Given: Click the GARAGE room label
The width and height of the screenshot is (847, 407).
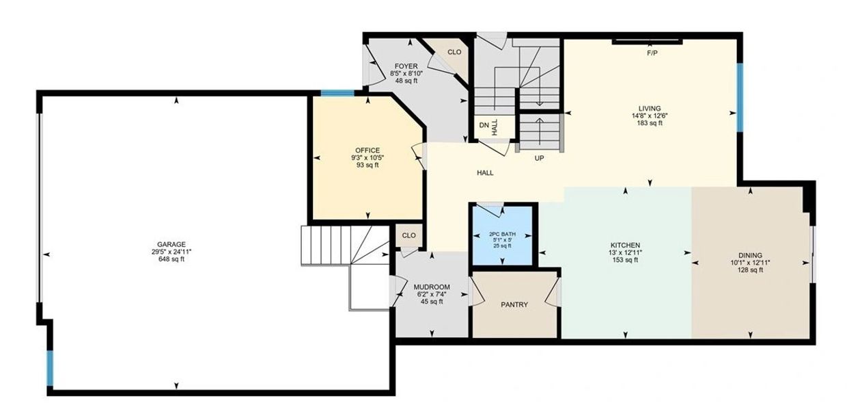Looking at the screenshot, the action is [x=171, y=245].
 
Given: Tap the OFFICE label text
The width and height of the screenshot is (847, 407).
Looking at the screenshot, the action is [x=367, y=150].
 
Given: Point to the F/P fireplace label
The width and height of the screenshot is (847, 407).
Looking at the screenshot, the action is [x=652, y=53].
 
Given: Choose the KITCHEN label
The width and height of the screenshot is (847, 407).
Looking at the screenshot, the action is [x=625, y=246].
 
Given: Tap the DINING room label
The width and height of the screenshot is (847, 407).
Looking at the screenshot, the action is [x=750, y=256].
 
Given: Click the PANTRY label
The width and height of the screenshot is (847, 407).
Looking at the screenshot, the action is [x=514, y=305].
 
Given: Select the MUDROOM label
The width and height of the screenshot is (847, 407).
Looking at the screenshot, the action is [x=432, y=287].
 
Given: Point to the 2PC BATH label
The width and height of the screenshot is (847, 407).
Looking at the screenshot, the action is [x=502, y=234].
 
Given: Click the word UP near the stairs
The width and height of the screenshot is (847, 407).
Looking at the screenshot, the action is [x=539, y=158].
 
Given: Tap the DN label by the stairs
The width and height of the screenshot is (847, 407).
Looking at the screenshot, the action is [x=484, y=125].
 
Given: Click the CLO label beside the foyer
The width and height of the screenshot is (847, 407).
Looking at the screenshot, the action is [x=454, y=52].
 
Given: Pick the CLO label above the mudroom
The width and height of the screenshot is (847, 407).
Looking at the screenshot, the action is [x=408, y=235].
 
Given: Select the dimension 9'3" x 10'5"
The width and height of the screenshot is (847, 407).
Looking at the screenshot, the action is [x=367, y=158].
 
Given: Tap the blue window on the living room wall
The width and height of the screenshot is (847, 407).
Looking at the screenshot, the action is [x=740, y=97].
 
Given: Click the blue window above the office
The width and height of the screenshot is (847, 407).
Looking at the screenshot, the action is [x=337, y=93].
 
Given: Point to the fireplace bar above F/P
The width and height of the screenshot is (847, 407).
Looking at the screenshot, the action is [x=647, y=42].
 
